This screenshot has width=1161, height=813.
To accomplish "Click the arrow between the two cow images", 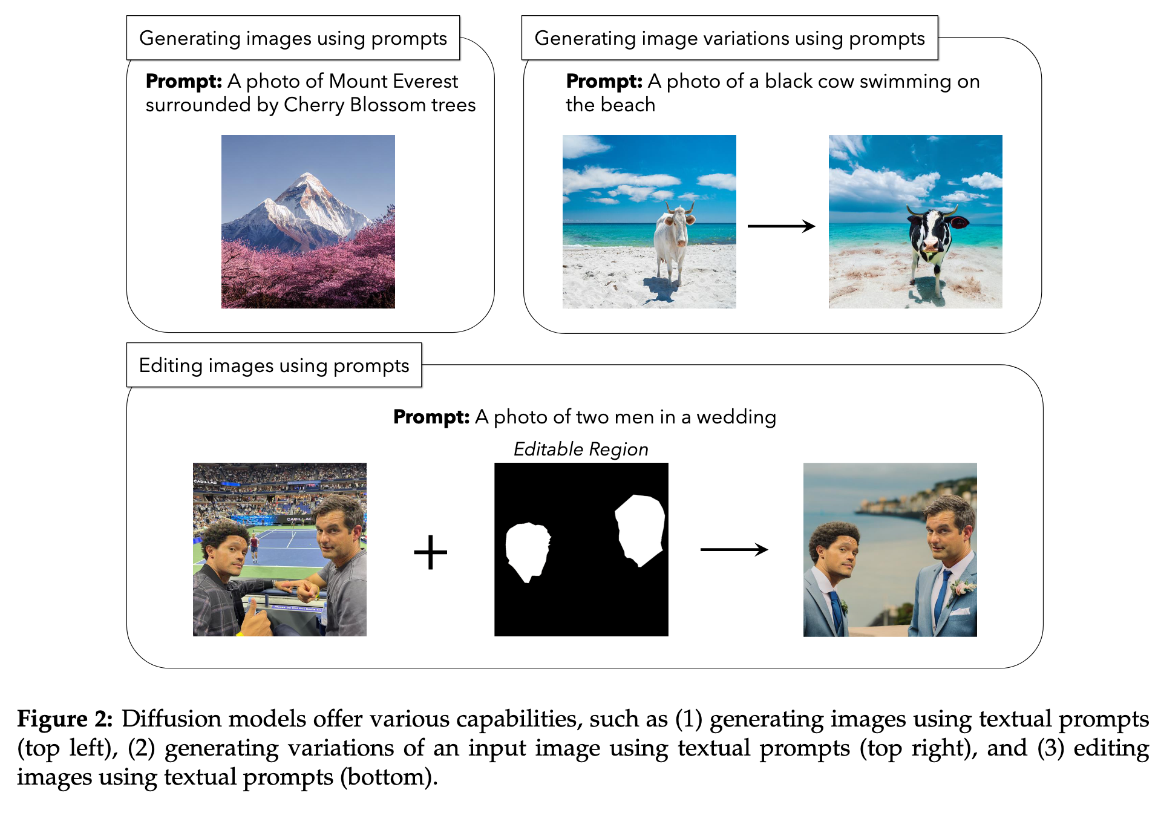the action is (x=781, y=226).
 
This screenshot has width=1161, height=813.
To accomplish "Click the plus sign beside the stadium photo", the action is (x=430, y=552).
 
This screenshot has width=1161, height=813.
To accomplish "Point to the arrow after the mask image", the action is (x=734, y=549).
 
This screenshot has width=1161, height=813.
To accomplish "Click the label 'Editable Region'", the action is (x=581, y=449).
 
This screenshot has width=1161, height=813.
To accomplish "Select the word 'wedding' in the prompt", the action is (x=736, y=417).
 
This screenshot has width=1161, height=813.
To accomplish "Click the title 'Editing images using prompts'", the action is (x=274, y=365).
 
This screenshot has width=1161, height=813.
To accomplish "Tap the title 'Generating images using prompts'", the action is (x=293, y=38).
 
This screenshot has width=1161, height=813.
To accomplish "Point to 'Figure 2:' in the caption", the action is (x=65, y=719).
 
